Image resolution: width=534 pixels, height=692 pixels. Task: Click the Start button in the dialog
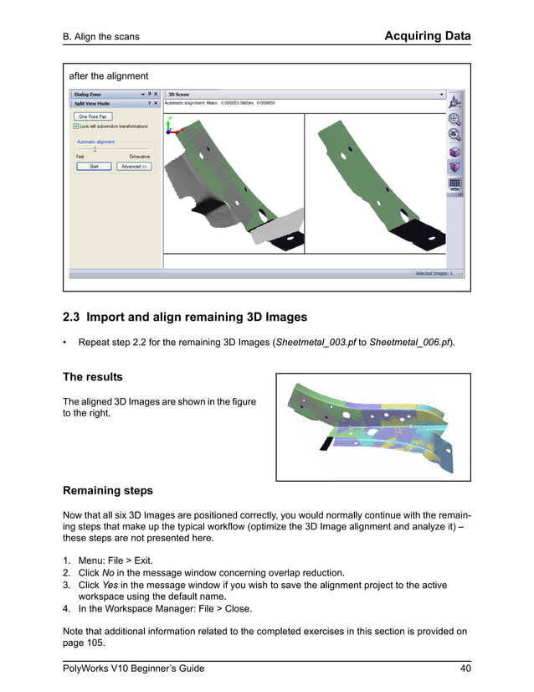tap(94, 167)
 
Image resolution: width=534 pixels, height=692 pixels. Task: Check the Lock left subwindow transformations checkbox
tap(77, 127)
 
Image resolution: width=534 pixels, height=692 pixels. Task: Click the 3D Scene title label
tap(180, 95)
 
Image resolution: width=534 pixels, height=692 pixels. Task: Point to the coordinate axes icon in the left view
tap(172, 127)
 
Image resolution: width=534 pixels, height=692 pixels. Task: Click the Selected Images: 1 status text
tap(434, 273)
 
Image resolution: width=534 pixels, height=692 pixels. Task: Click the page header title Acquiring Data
tap(427, 36)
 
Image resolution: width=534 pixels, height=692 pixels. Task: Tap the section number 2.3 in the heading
tap(73, 318)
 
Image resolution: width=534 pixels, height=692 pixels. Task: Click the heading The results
tap(93, 377)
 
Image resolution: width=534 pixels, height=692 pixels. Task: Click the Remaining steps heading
tap(108, 490)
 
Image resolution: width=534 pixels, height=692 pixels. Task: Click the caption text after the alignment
tap(108, 76)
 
